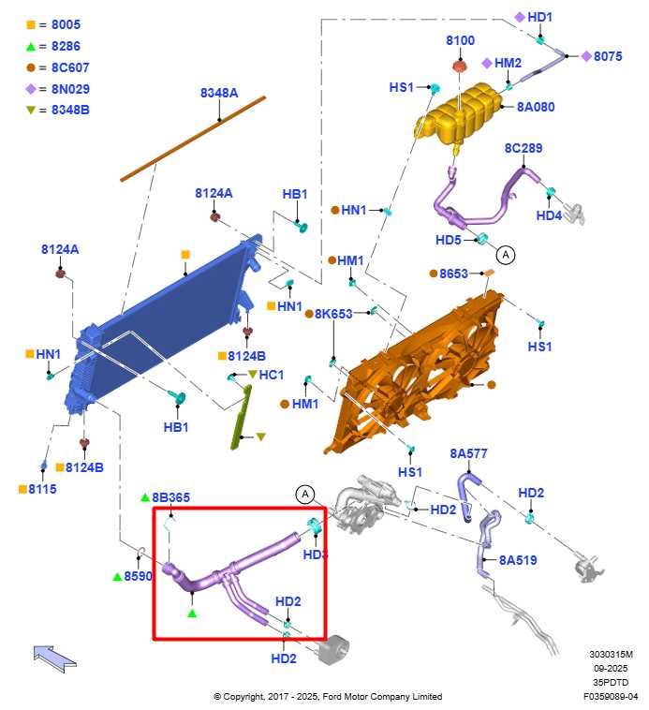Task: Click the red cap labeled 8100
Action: tap(460, 67)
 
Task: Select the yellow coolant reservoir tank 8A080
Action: tap(458, 112)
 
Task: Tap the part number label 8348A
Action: tap(219, 93)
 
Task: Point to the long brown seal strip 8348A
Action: tap(193, 139)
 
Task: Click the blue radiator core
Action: tap(163, 326)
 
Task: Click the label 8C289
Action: tap(524, 148)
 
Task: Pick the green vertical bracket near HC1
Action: tap(241, 417)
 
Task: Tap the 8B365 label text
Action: tap(170, 497)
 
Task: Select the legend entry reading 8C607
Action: tap(70, 67)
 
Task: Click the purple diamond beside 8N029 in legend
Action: tap(30, 89)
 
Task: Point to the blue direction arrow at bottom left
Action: tap(54, 658)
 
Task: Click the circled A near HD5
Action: tap(506, 255)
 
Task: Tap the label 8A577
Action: tap(468, 453)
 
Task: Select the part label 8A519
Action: tap(518, 560)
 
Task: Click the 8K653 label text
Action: tap(333, 314)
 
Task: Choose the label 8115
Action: tap(42, 489)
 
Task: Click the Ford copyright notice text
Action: tap(328, 696)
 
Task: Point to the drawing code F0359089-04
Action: tap(611, 696)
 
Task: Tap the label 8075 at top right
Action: tap(608, 56)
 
